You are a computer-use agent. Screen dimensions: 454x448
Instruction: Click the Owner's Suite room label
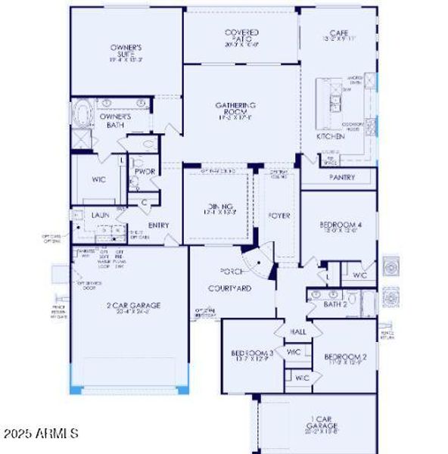pos(126,51)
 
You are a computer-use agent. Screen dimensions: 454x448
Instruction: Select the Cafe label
pos(338,34)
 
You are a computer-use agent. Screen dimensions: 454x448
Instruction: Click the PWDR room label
pos(145,172)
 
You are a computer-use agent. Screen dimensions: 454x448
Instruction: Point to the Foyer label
pos(279,216)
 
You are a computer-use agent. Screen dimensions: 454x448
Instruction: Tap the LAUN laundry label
pos(101,216)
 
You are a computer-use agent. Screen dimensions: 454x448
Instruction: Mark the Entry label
pos(159,225)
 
